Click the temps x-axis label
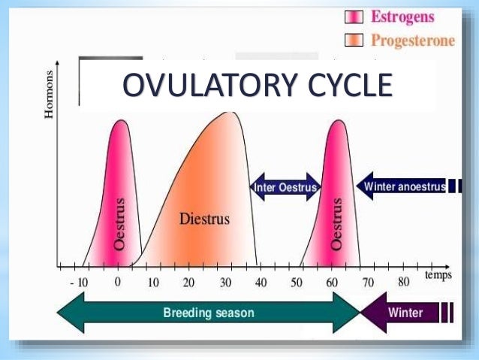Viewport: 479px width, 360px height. click(438, 275)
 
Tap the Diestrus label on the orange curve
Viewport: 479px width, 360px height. click(204, 219)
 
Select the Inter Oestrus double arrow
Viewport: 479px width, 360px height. click(285, 186)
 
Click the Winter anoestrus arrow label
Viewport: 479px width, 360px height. click(404, 185)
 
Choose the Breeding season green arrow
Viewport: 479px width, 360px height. click(209, 312)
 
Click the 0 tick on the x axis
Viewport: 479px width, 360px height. click(117, 283)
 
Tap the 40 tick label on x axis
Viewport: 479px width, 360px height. click(261, 283)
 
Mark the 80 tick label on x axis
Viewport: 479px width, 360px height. click(403, 283)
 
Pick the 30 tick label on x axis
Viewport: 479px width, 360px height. click(224, 283)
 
